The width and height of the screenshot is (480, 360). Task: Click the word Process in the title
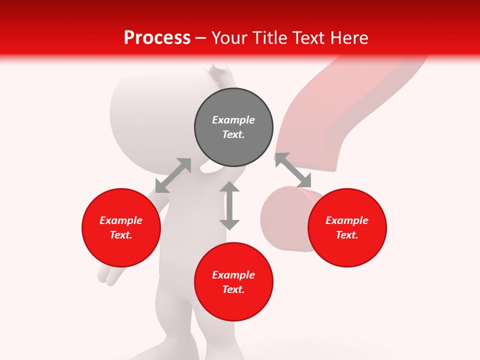[x=157, y=38]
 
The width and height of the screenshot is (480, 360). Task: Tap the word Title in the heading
[x=269, y=38]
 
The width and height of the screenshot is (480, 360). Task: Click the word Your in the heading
[x=230, y=38]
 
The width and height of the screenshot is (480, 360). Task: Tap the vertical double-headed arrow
[x=229, y=206]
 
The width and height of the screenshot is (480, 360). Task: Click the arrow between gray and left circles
[x=173, y=175]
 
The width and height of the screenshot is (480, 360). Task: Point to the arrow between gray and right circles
[x=293, y=170]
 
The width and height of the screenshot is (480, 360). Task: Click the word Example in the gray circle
[x=233, y=120]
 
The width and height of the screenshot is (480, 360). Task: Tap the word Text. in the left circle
[x=121, y=235]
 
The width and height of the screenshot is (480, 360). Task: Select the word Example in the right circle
[x=347, y=220]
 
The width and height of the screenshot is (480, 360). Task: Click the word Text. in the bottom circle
[x=233, y=289]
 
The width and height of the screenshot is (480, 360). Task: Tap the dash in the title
[x=200, y=38]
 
